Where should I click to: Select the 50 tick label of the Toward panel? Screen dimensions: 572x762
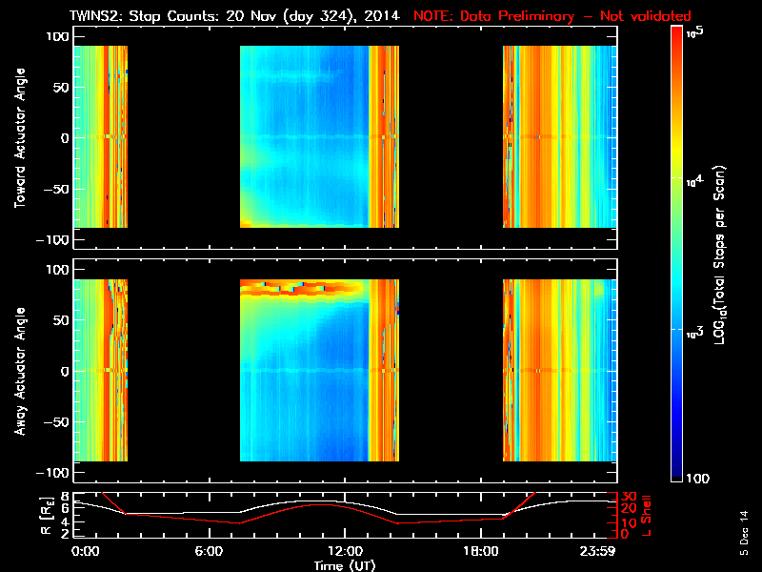(59, 88)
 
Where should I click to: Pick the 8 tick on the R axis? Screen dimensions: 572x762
(64, 497)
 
